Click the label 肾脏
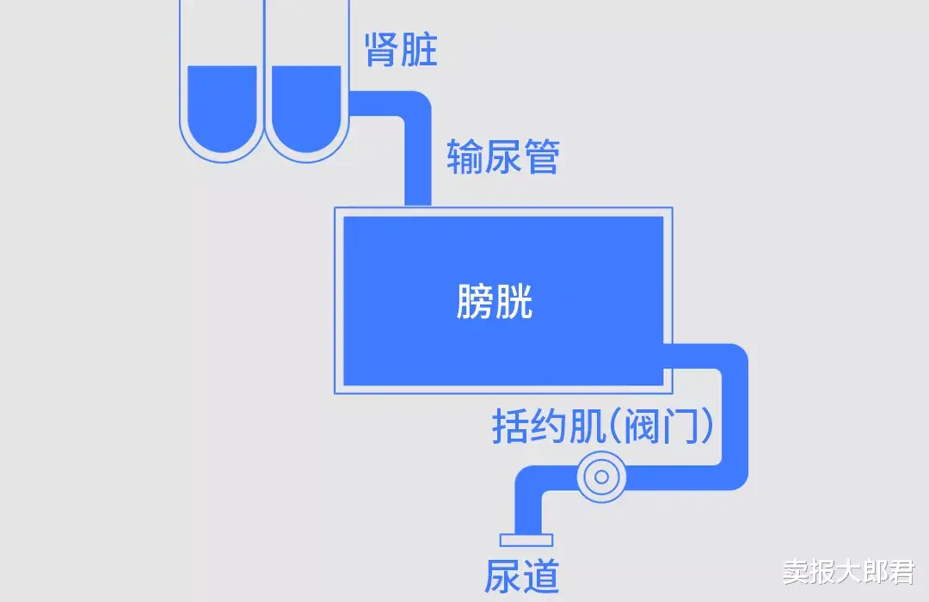401,50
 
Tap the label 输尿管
502,157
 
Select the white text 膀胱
495,302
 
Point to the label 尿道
522,575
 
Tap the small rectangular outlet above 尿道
526,539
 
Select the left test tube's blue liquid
222,107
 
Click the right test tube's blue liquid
306,107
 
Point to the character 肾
382,50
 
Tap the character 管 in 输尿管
541,157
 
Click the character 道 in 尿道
541,575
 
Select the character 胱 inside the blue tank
514,302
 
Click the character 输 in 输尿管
464,157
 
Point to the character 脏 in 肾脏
420,50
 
